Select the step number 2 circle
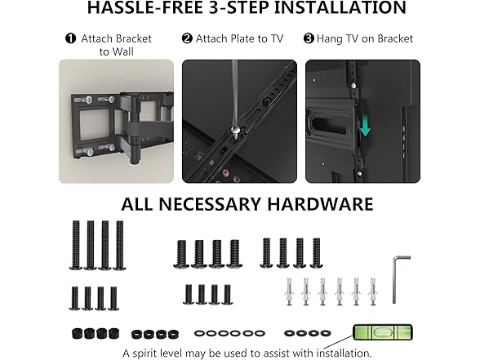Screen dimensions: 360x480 click(x=188, y=38)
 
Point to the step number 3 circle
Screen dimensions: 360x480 click(x=309, y=38)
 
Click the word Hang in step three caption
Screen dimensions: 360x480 click(x=333, y=38)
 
